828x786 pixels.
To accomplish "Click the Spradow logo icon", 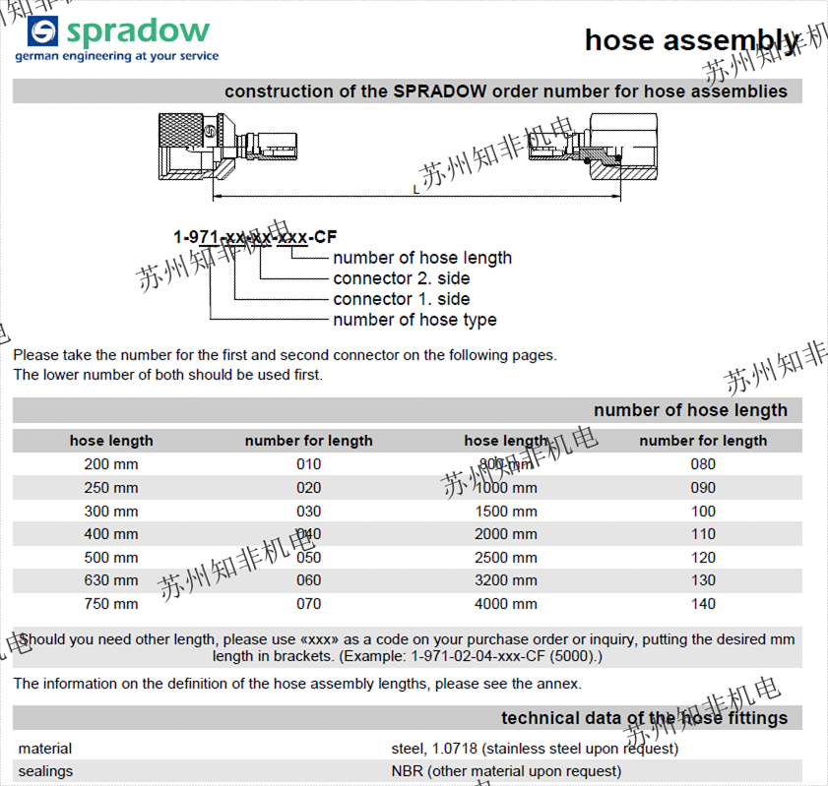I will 43,31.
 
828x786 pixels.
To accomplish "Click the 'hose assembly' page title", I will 691,39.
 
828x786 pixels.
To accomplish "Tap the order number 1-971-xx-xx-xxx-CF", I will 255,237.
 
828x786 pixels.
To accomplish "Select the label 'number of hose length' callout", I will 422,258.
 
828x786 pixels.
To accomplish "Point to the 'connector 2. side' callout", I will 402,278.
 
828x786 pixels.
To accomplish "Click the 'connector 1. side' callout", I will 402,299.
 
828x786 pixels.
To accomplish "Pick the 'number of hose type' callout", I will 414,320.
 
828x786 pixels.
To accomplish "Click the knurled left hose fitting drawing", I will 197,148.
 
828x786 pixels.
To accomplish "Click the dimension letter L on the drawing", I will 415,189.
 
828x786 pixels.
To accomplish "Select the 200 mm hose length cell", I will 111,464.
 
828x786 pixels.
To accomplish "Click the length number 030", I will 309,511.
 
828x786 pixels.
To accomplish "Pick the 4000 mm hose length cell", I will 506,604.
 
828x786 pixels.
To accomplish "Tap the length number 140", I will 703,604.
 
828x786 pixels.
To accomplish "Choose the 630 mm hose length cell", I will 111,580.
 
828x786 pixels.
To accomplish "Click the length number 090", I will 703,488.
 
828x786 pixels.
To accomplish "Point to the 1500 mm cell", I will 506,511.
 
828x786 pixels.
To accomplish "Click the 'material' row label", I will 45,749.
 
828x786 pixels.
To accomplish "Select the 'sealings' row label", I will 45,771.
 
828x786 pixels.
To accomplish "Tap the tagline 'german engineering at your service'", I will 116,57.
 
